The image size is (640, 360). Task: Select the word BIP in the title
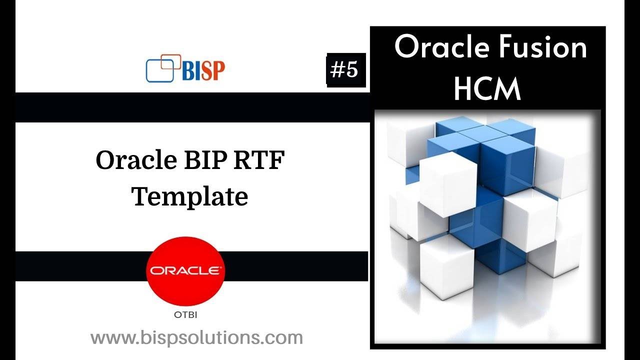[x=209, y=161]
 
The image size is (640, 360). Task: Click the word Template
[x=190, y=196]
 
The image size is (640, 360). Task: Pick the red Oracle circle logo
[x=185, y=271]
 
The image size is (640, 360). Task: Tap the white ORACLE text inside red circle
[x=185, y=271]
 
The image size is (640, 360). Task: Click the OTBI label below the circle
[x=185, y=315]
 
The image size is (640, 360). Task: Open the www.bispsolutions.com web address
[x=196, y=337]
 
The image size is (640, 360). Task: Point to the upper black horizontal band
[x=190, y=107]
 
